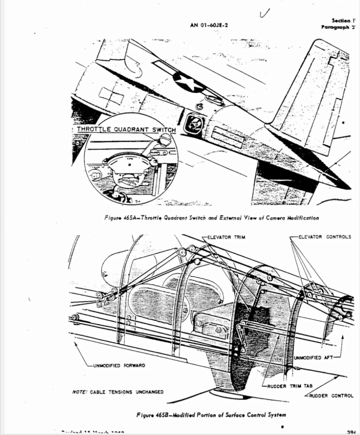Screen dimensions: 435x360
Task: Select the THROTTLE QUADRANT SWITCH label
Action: (126, 130)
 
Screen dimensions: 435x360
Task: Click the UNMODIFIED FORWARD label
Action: (119, 365)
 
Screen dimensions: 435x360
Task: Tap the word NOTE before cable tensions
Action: (79, 392)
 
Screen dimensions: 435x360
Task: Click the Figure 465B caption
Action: (211, 415)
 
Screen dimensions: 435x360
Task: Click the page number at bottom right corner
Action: (352, 432)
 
